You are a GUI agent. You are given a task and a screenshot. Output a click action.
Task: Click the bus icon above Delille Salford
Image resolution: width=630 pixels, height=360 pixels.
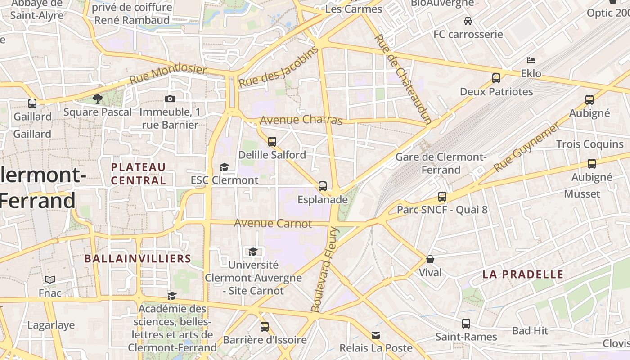(x=272, y=142)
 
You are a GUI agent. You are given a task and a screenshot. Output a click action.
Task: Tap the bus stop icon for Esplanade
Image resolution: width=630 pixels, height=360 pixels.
(x=322, y=186)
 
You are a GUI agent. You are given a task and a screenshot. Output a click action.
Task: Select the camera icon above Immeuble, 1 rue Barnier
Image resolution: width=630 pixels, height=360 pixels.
(x=170, y=99)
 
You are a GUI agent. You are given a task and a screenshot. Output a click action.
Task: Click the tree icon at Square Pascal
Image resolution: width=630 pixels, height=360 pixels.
(x=97, y=99)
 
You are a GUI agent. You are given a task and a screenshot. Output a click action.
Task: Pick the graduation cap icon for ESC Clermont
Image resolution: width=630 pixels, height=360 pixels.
(x=224, y=167)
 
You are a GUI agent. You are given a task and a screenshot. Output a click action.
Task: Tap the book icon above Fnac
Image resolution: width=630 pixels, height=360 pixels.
(x=49, y=280)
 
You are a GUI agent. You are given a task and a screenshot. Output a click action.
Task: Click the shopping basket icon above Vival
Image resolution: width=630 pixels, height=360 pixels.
(x=430, y=259)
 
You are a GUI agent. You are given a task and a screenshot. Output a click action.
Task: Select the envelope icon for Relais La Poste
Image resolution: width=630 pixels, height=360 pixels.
(x=376, y=335)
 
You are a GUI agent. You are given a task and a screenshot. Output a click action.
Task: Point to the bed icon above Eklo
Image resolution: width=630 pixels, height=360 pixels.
(x=531, y=60)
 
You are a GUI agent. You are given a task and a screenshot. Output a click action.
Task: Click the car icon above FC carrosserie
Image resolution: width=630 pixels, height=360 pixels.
(x=468, y=21)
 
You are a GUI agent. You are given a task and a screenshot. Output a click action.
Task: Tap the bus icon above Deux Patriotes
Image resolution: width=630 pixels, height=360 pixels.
(x=496, y=78)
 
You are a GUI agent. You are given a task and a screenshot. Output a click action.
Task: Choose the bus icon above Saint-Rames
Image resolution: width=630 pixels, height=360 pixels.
(x=466, y=324)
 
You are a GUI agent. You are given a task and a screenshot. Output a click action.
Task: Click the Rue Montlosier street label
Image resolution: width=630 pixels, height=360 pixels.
(x=168, y=75)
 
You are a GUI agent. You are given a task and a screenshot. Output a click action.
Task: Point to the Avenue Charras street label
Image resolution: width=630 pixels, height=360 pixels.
(x=301, y=120)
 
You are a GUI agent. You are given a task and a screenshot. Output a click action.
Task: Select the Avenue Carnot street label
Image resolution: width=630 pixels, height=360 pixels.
(x=273, y=223)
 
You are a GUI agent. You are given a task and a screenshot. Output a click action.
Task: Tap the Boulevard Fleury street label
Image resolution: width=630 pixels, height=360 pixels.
(x=324, y=270)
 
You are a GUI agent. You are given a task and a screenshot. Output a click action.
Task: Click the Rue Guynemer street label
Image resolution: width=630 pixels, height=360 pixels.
(x=526, y=147)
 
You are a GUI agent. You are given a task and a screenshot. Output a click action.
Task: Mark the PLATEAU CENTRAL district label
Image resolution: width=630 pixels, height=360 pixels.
(x=139, y=174)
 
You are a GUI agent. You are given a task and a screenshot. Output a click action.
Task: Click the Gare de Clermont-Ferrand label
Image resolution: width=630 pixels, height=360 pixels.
(x=441, y=163)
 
